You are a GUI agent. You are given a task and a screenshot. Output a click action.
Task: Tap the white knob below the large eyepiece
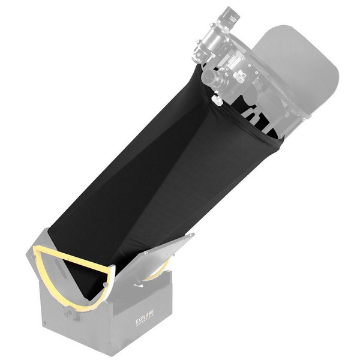pyautogui.click(x=218, y=100)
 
